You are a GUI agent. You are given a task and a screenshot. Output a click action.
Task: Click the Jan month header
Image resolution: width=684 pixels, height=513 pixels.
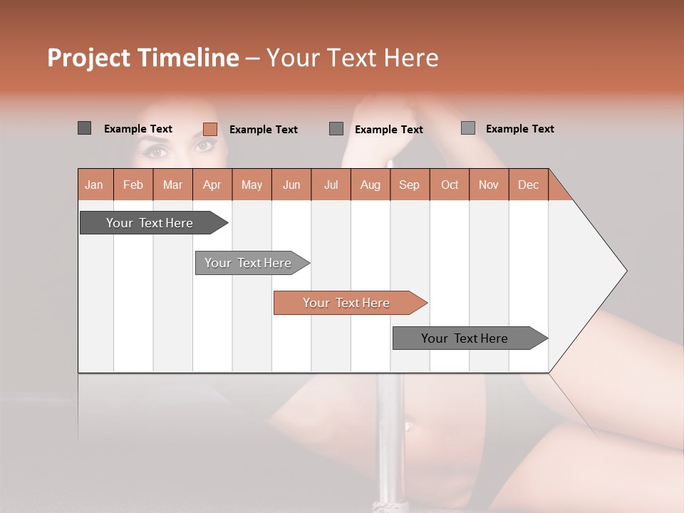pos(94,185)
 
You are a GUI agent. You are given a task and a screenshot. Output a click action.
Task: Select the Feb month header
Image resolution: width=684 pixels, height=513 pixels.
pos(133,185)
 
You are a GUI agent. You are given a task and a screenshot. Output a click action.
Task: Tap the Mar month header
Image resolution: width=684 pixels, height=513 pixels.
pos(172,185)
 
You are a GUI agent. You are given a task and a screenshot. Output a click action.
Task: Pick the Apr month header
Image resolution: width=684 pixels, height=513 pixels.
pos(212,185)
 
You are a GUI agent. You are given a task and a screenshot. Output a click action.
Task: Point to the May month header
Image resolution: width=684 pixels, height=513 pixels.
pos(252,185)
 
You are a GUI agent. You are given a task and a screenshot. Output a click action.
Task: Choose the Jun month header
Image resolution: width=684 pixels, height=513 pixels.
pos(291,185)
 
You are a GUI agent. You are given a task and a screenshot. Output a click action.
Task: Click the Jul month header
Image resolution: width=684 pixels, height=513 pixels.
pos(331,185)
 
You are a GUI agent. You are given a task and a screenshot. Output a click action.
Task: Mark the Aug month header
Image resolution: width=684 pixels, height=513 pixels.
pos(370,185)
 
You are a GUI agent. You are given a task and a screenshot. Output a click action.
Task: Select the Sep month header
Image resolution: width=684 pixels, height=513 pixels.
pos(409,185)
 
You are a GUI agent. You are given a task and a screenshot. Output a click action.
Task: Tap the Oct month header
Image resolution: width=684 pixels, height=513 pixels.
pos(450,185)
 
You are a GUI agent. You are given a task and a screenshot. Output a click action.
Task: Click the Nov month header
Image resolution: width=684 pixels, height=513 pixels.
pos(488,185)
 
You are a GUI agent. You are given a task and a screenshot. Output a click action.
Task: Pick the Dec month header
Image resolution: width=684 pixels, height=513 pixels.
pos(528,185)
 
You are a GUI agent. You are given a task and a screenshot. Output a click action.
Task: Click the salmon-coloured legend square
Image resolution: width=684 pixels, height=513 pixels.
pos(209,129)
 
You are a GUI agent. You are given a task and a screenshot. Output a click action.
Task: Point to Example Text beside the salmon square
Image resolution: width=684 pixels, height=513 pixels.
pos(263,130)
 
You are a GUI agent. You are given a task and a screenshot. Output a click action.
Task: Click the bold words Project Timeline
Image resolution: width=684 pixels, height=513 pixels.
pos(142,58)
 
